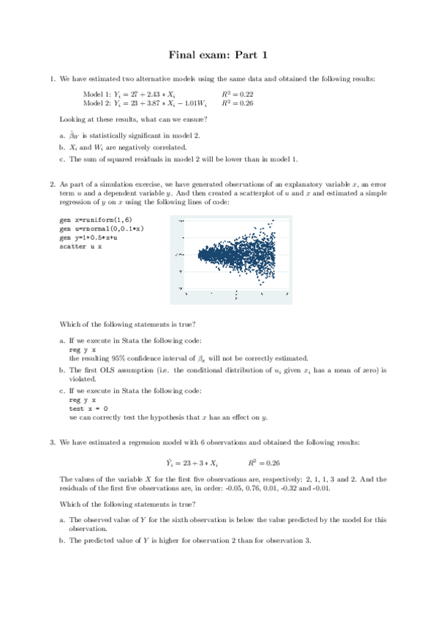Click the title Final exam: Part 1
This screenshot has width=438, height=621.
pyautogui.click(x=219, y=54)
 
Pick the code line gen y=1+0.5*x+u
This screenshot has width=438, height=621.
pyautogui.click(x=87, y=238)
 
